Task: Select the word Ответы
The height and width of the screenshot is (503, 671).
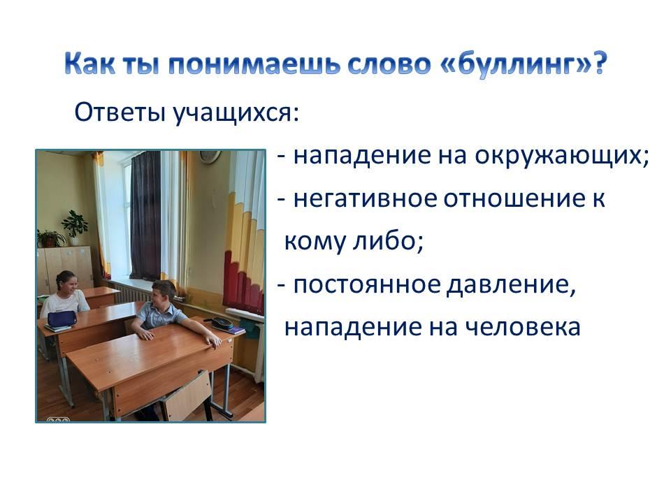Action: click(x=120, y=112)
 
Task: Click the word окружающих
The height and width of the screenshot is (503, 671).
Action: click(x=561, y=156)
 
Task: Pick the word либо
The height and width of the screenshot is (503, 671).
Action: click(x=387, y=240)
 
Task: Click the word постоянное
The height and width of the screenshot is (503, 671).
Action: click(x=367, y=284)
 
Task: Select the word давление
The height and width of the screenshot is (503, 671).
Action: click(x=511, y=285)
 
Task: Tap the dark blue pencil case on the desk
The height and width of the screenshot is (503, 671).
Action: click(x=62, y=319)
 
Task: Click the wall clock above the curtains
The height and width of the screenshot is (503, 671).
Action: click(x=210, y=156)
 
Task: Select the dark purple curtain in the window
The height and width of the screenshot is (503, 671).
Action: click(x=145, y=216)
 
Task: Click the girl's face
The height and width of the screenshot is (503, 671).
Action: click(x=68, y=284)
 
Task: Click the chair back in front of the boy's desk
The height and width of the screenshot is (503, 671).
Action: click(x=187, y=396)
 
